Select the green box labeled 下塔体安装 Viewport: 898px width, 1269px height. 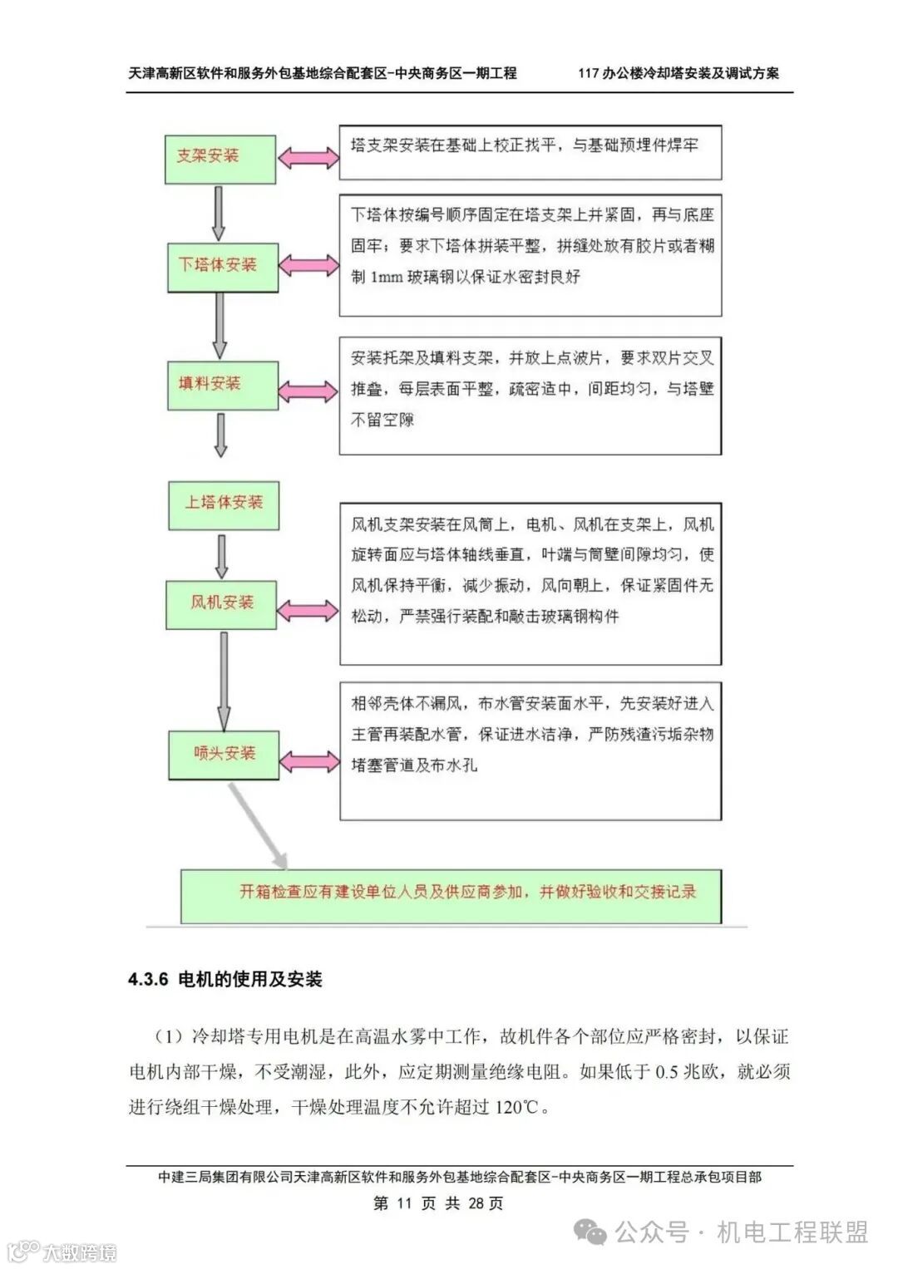(x=222, y=266)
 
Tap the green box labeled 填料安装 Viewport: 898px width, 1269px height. (x=222, y=384)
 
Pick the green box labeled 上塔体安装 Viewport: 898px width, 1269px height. (x=223, y=504)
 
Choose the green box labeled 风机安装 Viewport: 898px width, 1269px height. (x=223, y=603)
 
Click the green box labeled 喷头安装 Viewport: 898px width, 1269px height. (x=224, y=754)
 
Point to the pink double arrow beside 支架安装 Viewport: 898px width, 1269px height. (x=308, y=157)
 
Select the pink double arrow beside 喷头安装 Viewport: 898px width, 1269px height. (x=308, y=761)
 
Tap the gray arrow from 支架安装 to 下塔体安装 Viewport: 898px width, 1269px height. (x=219, y=213)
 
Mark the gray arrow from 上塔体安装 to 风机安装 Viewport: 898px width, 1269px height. (x=221, y=555)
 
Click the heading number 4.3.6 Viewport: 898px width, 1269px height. (x=148, y=979)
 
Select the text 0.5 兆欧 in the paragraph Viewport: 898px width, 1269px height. (x=689, y=1072)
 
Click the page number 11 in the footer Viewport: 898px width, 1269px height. (x=404, y=1203)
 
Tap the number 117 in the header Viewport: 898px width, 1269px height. (x=589, y=73)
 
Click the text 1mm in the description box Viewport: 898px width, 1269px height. (x=386, y=278)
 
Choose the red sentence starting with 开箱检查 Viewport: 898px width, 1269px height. (x=467, y=893)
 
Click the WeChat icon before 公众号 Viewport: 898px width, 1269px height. (x=592, y=1232)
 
